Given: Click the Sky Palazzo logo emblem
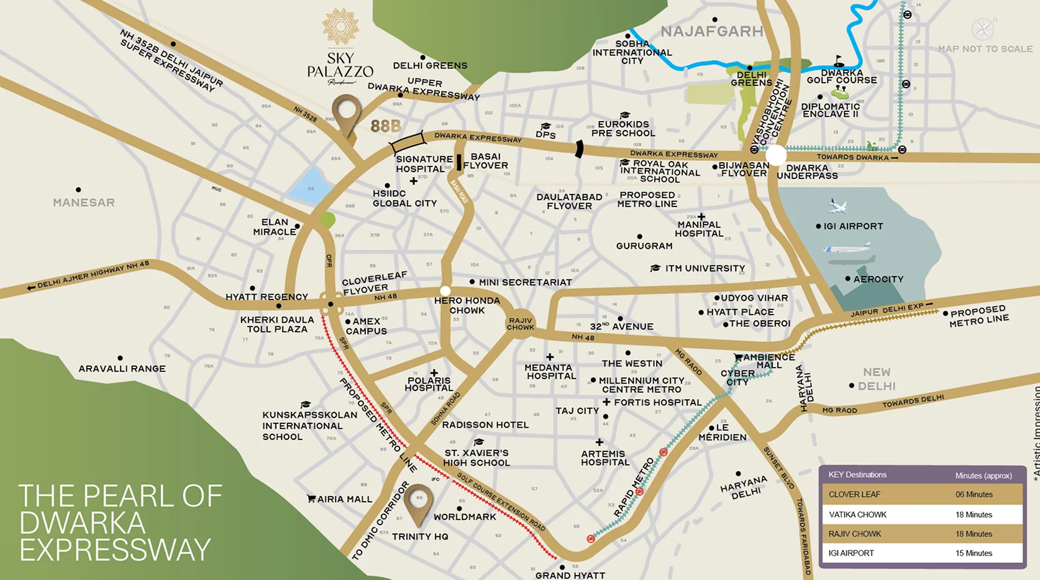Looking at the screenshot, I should [340, 27].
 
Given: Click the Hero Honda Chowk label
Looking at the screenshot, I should [467, 305].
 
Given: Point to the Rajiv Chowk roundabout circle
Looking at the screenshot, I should [521, 323].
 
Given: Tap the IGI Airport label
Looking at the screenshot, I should [853, 226].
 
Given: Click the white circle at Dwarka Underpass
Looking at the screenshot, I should [775, 155].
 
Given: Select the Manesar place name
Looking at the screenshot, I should [84, 203].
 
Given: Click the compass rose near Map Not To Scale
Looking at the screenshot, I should [982, 29].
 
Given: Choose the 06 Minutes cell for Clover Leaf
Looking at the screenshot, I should [974, 495].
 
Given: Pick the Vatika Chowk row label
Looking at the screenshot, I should [857, 515].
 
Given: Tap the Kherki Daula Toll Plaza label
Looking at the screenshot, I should [277, 325].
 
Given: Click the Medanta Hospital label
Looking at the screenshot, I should [550, 372].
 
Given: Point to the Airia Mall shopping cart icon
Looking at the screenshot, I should [311, 499].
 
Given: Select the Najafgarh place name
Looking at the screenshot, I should [711, 32].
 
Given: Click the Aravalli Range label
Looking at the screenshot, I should [122, 369].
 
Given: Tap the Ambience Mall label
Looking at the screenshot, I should [769, 361].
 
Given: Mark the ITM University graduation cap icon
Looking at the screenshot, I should [655, 268].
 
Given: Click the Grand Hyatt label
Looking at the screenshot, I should [570, 575].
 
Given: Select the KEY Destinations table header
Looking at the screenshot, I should [857, 475].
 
